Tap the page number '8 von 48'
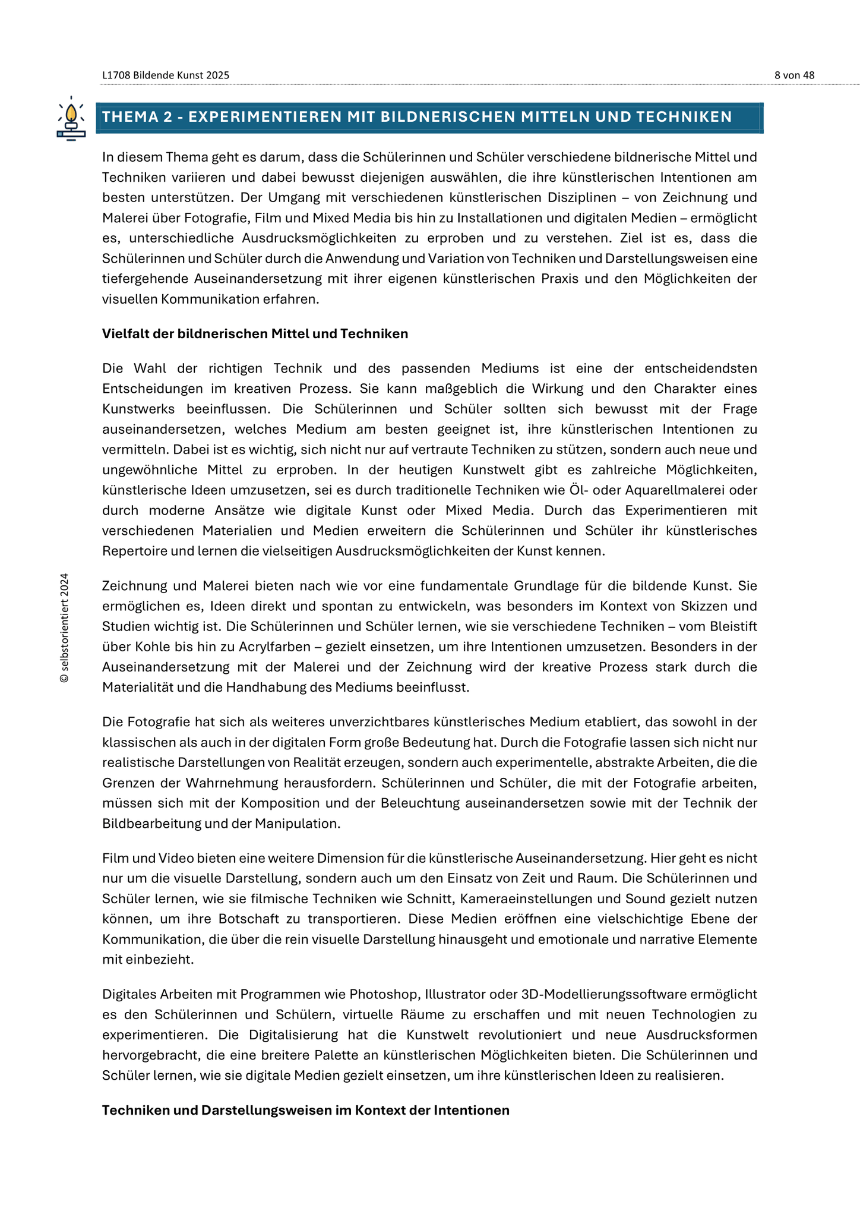pyautogui.click(x=794, y=75)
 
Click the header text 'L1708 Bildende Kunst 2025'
pyautogui.click(x=166, y=75)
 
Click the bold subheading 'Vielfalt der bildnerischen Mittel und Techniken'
pyautogui.click(x=255, y=334)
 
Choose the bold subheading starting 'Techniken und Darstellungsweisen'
pyautogui.click(x=305, y=1110)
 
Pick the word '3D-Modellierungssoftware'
pyautogui.click(x=600, y=994)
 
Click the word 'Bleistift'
pyautogui.click(x=733, y=626)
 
